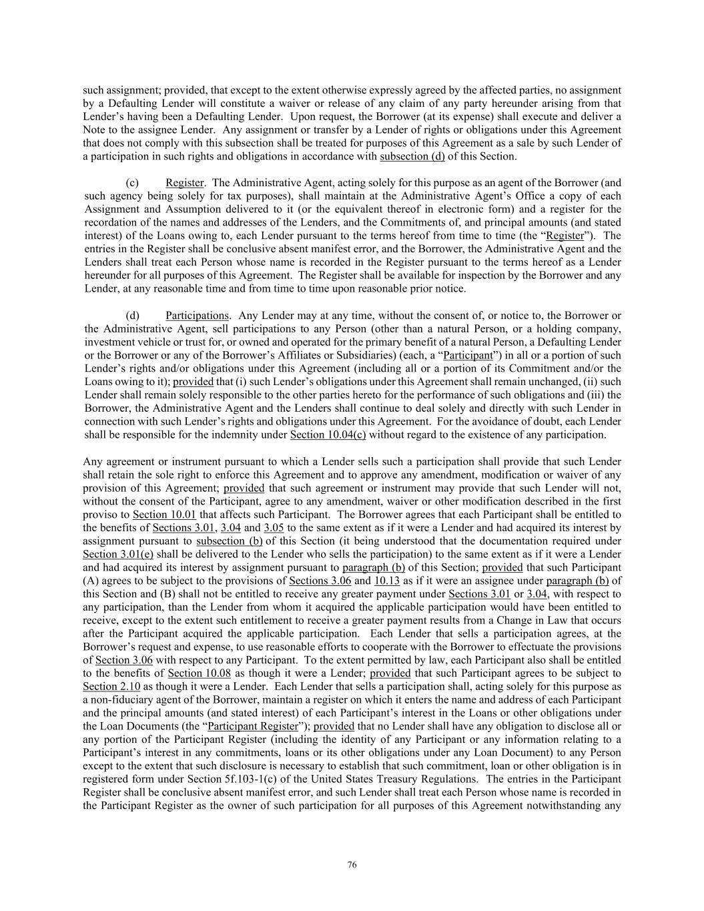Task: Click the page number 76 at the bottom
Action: tap(352, 865)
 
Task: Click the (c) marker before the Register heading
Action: tap(132, 183)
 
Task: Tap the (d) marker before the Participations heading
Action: tap(132, 316)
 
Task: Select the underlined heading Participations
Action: tap(197, 316)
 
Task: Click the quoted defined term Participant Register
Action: tap(253, 726)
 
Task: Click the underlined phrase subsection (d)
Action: tap(412, 156)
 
